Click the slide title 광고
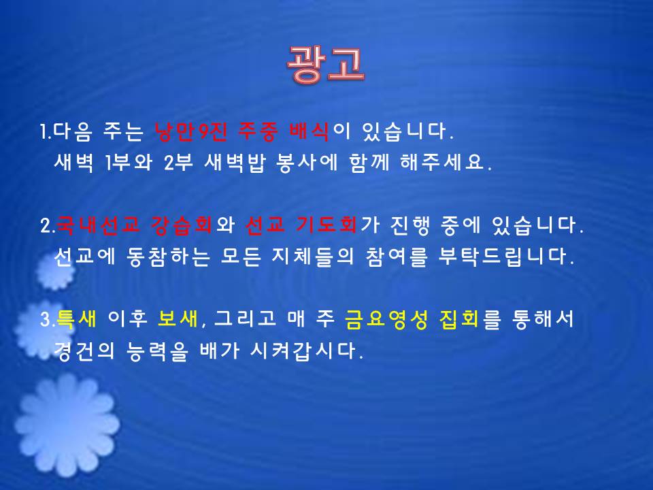[326, 65]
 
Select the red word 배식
[309, 130]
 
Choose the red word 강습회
[179, 225]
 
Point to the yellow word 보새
[179, 319]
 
